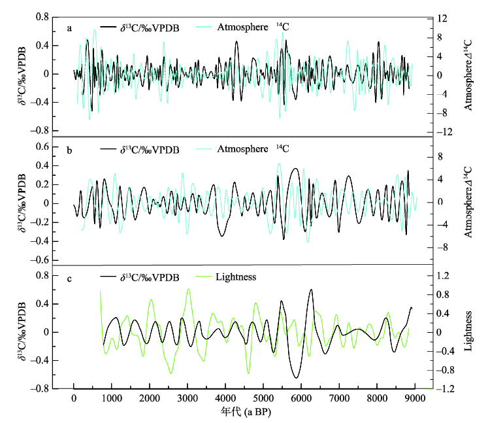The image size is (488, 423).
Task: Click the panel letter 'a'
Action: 69,27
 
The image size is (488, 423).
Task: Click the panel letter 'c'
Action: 69,278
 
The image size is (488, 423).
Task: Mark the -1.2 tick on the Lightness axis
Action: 446,388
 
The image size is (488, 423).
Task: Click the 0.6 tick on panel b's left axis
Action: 42,146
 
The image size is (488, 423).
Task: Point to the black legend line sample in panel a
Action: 108,27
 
